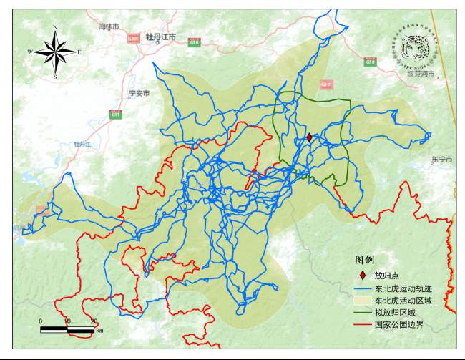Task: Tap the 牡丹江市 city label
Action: pyautogui.click(x=160, y=37)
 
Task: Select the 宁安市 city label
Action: pyautogui.click(x=137, y=94)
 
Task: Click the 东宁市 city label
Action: pyautogui.click(x=441, y=159)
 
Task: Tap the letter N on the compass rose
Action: pyautogui.click(x=55, y=28)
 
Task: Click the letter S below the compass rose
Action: pyautogui.click(x=55, y=76)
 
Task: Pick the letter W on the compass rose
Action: pyautogui.click(x=30, y=52)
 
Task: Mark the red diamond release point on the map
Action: pyautogui.click(x=309, y=137)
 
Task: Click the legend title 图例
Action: pyautogui.click(x=365, y=259)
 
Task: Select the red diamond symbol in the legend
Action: pyautogui.click(x=363, y=275)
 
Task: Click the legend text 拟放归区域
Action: pyautogui.click(x=394, y=312)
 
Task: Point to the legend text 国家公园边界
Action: pyautogui.click(x=398, y=324)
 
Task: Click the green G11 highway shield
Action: pyautogui.click(x=116, y=114)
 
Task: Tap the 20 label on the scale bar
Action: pyautogui.click(x=94, y=321)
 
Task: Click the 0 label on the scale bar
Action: pyautogui.click(x=41, y=321)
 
